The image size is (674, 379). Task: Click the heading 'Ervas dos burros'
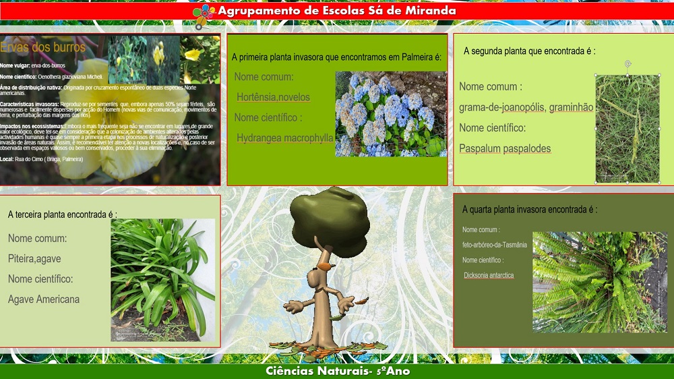(x=43, y=47)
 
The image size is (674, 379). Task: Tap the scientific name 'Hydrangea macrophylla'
(x=285, y=138)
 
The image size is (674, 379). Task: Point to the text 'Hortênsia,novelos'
(x=272, y=98)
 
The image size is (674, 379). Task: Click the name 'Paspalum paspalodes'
(x=505, y=148)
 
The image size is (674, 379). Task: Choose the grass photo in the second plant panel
(x=627, y=128)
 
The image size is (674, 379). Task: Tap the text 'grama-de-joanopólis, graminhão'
(x=526, y=107)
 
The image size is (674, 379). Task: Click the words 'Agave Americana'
(x=44, y=299)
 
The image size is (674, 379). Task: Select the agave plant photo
(x=162, y=279)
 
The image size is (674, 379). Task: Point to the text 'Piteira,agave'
(x=34, y=258)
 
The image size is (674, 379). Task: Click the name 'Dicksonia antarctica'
(x=489, y=275)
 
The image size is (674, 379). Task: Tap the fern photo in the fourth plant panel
(x=599, y=282)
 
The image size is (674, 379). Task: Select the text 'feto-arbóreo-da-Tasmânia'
(x=495, y=245)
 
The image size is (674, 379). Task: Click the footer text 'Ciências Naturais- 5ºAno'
(x=338, y=371)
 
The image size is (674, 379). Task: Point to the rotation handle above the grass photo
(x=627, y=64)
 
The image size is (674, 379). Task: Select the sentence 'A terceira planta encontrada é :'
(x=63, y=214)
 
